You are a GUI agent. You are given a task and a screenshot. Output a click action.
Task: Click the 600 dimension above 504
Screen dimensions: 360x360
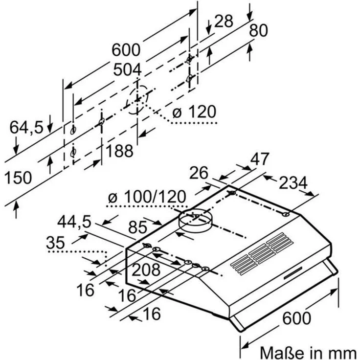coord(126,50)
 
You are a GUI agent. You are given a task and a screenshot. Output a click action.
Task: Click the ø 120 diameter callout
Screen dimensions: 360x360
coord(194,112)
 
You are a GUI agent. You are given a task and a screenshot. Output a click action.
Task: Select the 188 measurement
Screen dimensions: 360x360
coord(119,151)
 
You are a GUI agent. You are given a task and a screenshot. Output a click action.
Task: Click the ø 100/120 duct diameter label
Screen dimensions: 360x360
coord(147,197)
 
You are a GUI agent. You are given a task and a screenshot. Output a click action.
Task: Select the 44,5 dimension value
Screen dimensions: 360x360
coord(73,222)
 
